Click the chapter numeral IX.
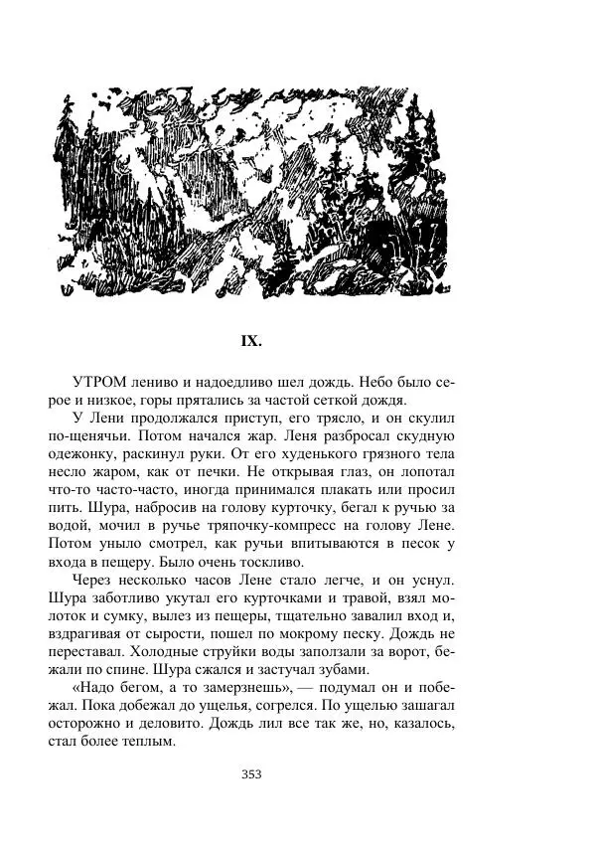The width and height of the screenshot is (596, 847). coord(251,341)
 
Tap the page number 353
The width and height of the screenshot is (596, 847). coord(251,774)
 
